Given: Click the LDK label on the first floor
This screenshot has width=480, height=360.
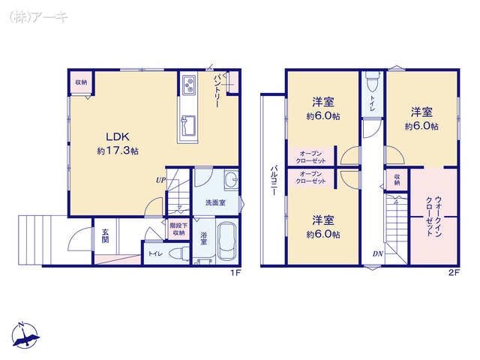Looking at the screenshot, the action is (118, 136).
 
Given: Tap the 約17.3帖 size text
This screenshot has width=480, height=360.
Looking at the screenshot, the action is (118, 151).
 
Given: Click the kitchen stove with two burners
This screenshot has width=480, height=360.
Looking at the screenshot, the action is (190, 85).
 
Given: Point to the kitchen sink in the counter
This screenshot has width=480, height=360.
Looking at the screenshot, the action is (189, 126).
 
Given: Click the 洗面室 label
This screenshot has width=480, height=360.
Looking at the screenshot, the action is (215, 202).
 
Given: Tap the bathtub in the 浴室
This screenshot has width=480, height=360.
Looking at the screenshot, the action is (226, 241).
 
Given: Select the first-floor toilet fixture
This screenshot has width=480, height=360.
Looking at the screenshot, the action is (178, 253).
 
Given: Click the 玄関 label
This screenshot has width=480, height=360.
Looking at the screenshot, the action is (105, 236).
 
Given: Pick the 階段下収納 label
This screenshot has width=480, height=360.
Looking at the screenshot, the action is (178, 229).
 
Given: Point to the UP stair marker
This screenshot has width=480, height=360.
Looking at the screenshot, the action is (160, 180).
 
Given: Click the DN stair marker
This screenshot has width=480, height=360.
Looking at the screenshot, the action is (378, 253).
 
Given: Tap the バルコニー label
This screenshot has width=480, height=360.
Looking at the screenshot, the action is (274, 181).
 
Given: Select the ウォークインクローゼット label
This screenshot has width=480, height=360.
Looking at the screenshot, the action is (433, 216).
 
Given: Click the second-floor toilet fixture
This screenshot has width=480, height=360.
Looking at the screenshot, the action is (372, 82).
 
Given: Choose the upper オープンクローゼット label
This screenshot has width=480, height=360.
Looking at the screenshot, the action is (311, 157).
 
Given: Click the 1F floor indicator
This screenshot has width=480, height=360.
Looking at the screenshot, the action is (235, 273).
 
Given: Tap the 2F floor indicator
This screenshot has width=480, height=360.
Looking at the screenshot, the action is (454, 273).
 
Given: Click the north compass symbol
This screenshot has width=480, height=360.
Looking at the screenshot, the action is (25, 335).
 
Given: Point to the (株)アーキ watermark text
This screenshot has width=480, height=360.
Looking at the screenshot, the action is (39, 16).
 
